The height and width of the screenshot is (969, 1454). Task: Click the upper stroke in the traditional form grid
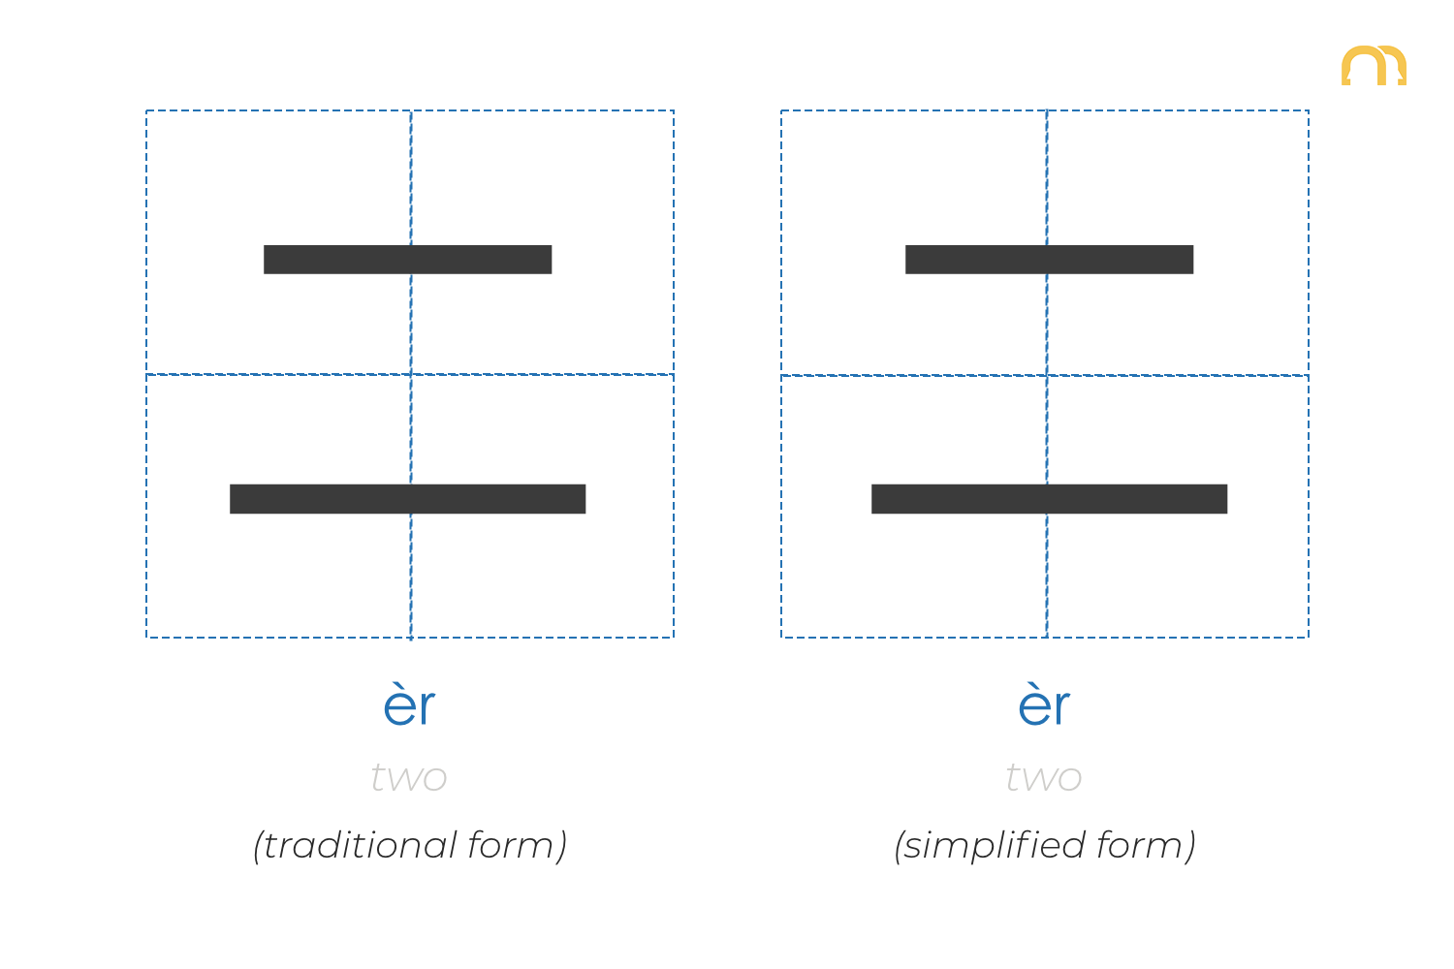tap(408, 260)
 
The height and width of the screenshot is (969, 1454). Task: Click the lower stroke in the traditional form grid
tap(408, 499)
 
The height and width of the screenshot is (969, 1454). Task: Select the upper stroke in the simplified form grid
tap(1050, 260)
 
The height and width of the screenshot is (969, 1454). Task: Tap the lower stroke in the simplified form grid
tap(1050, 499)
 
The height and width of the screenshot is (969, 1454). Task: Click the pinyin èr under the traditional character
tap(409, 706)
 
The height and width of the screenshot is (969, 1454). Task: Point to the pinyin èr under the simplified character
tap(1044, 706)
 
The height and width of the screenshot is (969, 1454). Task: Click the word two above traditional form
tap(409, 777)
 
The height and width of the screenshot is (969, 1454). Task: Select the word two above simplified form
tap(1044, 777)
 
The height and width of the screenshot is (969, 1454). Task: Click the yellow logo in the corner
tap(1374, 66)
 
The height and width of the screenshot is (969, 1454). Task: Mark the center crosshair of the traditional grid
tap(411, 374)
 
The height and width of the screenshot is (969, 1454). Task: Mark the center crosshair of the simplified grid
tap(1047, 375)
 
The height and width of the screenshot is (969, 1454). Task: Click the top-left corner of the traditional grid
tap(146, 110)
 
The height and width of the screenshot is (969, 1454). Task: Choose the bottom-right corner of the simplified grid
tap(1309, 638)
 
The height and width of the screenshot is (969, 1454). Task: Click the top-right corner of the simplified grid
tap(1309, 110)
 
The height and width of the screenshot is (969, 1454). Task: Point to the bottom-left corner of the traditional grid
tap(146, 638)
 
